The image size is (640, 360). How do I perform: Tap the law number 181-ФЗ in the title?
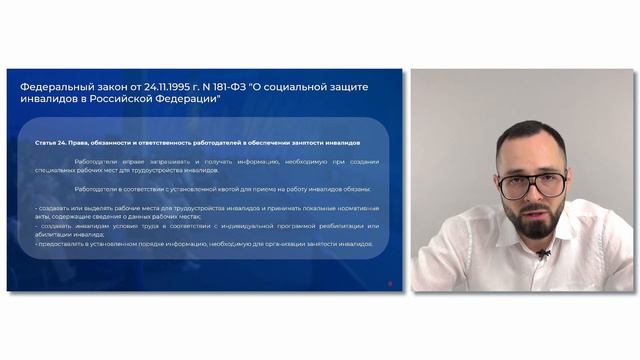[x=247, y=87]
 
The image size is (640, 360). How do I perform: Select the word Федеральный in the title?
[x=56, y=87]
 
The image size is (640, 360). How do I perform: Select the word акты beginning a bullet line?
[x=41, y=216]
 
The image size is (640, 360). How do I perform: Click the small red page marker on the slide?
[x=390, y=282]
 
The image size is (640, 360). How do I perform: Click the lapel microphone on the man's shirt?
[x=543, y=253]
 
